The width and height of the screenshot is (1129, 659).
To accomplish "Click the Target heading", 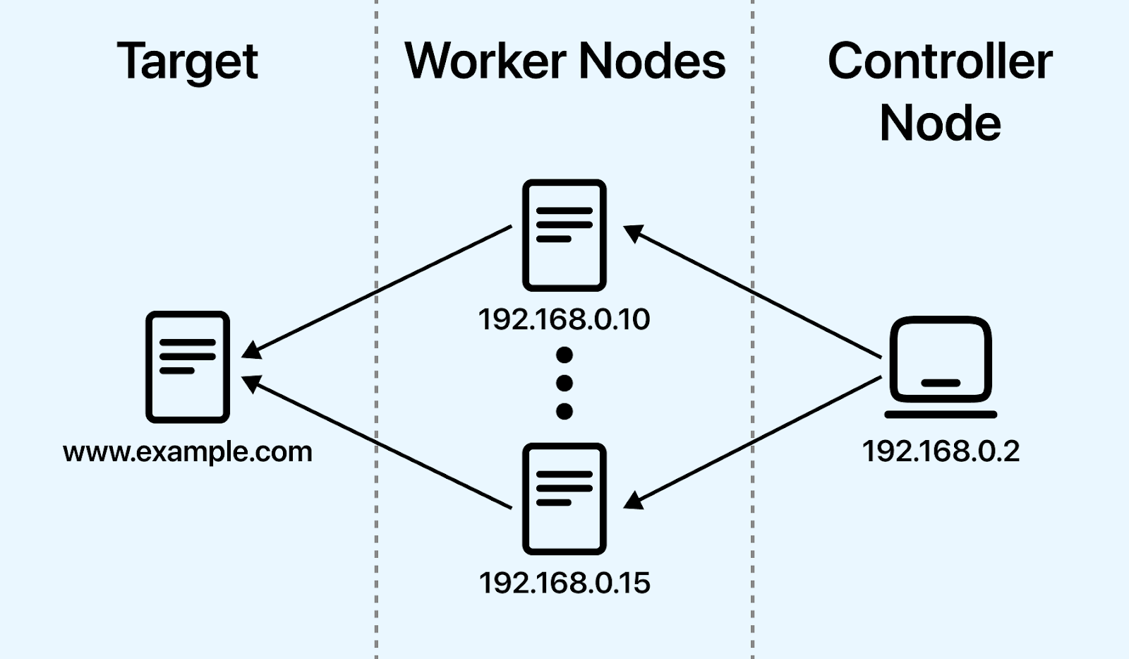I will click(188, 62).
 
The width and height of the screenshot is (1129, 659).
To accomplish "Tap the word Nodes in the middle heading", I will click(652, 61).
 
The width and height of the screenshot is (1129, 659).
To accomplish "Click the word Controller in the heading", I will click(940, 61).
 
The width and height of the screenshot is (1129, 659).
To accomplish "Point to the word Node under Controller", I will click(940, 124).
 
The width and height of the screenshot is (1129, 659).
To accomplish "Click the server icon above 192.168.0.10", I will click(564, 235).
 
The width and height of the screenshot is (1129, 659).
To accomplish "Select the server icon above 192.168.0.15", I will click(564, 499).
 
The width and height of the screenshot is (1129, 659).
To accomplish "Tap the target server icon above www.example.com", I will click(188, 367).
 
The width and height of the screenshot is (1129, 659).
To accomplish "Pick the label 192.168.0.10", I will click(564, 319).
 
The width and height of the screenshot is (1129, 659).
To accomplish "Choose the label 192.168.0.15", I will click(564, 583).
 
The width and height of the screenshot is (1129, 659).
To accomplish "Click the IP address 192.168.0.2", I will click(941, 451).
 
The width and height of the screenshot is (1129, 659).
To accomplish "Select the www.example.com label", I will click(188, 452).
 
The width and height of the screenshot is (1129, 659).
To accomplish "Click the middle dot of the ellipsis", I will click(564, 383).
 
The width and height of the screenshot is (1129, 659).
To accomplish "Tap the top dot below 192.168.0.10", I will click(564, 355).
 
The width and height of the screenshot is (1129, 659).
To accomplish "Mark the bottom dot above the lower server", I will click(564, 411).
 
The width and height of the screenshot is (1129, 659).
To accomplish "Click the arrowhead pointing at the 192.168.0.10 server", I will click(633, 232).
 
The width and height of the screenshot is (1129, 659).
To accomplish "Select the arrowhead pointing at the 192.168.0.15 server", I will click(633, 501).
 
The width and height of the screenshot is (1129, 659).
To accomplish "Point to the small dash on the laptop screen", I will click(941, 383).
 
